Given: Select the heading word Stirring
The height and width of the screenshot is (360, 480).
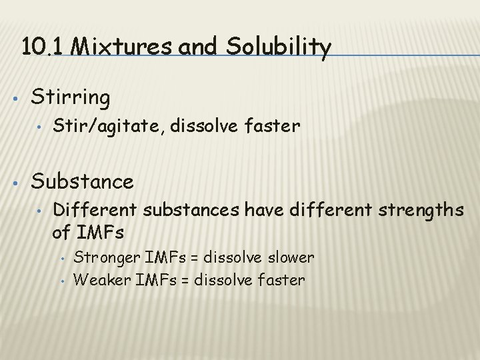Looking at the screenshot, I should (71, 97).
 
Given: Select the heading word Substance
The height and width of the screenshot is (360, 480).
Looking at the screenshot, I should (82, 181).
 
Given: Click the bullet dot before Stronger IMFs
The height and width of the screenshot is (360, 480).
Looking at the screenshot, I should (61, 258).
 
